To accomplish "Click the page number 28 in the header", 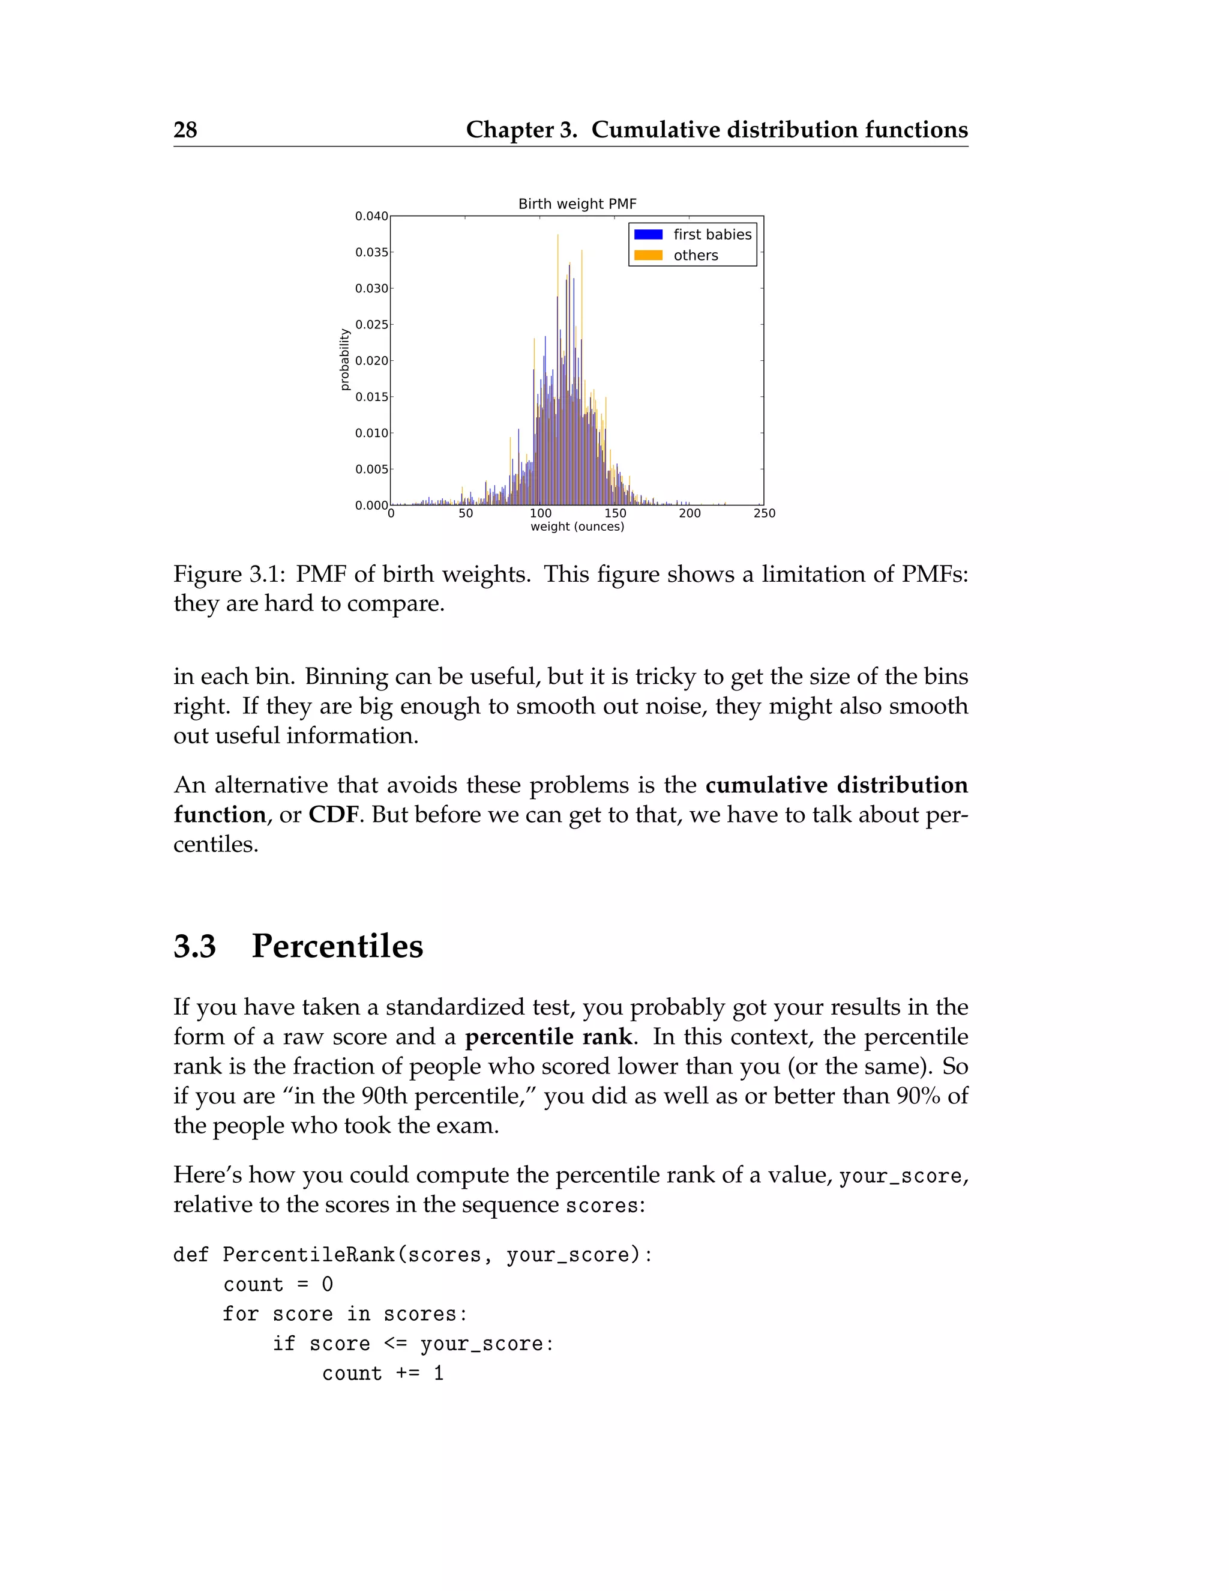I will coord(185,130).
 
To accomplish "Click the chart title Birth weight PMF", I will coord(577,204).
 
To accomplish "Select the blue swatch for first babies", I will coord(648,235).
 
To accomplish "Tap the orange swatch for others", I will coord(648,256).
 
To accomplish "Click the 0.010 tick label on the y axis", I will coord(371,433).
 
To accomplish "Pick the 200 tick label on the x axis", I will coord(690,513).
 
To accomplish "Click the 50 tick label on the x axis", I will coord(465,513).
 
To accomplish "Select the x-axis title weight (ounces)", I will coord(577,527).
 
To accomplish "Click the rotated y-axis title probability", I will coord(345,360).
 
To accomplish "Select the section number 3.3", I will coord(194,946).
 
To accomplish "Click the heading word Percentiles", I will coord(337,946).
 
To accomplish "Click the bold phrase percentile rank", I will coord(548,1037).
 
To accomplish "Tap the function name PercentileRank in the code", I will coord(308,1254).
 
